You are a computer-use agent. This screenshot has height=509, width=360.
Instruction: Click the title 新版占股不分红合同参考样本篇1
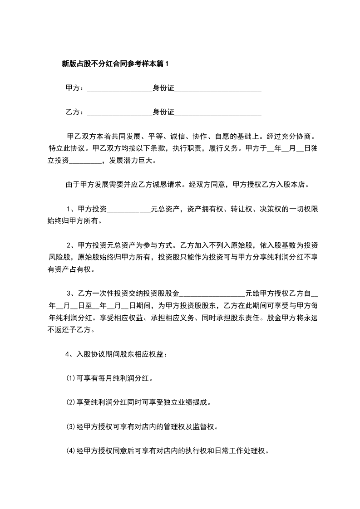pyautogui.click(x=115, y=64)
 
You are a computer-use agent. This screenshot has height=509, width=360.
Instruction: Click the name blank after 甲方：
pyautogui.click(x=119, y=88)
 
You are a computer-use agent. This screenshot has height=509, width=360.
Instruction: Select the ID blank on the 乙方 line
pyautogui.click(x=218, y=112)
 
